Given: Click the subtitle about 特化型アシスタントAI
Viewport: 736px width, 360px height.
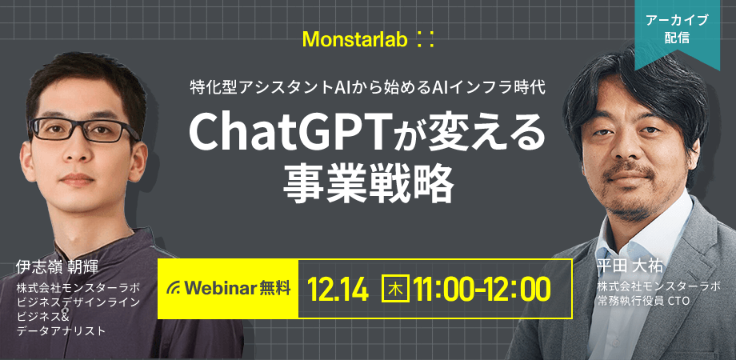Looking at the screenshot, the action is (x=367, y=87).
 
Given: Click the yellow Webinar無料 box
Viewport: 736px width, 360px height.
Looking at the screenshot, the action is (x=228, y=289).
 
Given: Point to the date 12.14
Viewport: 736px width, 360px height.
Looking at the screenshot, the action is (x=338, y=290).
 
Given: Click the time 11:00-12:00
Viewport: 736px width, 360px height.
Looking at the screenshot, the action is (x=482, y=290).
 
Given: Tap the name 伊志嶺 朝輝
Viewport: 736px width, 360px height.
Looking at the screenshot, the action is (x=57, y=266).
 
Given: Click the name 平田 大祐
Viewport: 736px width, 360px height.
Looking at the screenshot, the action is (x=630, y=266).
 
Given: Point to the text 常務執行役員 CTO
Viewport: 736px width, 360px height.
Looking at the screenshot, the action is (x=643, y=300).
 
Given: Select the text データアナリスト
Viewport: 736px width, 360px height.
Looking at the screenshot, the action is (x=62, y=331).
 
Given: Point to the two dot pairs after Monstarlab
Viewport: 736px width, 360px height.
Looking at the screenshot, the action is (x=426, y=40).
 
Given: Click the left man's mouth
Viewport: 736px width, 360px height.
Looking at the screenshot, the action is (x=78, y=179).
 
